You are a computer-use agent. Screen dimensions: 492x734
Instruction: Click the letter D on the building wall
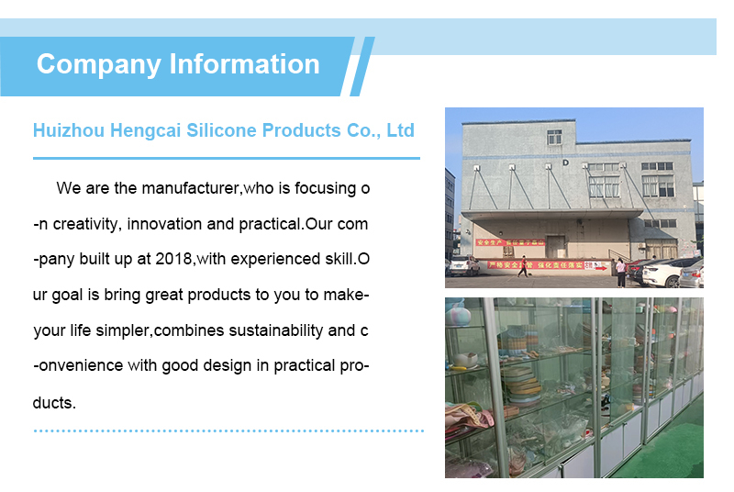point(566,162)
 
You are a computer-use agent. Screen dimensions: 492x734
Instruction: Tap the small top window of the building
point(555,137)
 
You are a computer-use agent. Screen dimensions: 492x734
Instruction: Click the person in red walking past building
point(523,266)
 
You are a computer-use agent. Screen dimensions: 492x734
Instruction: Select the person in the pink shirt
point(621,271)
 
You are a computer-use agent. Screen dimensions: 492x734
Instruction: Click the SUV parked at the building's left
point(463,266)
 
